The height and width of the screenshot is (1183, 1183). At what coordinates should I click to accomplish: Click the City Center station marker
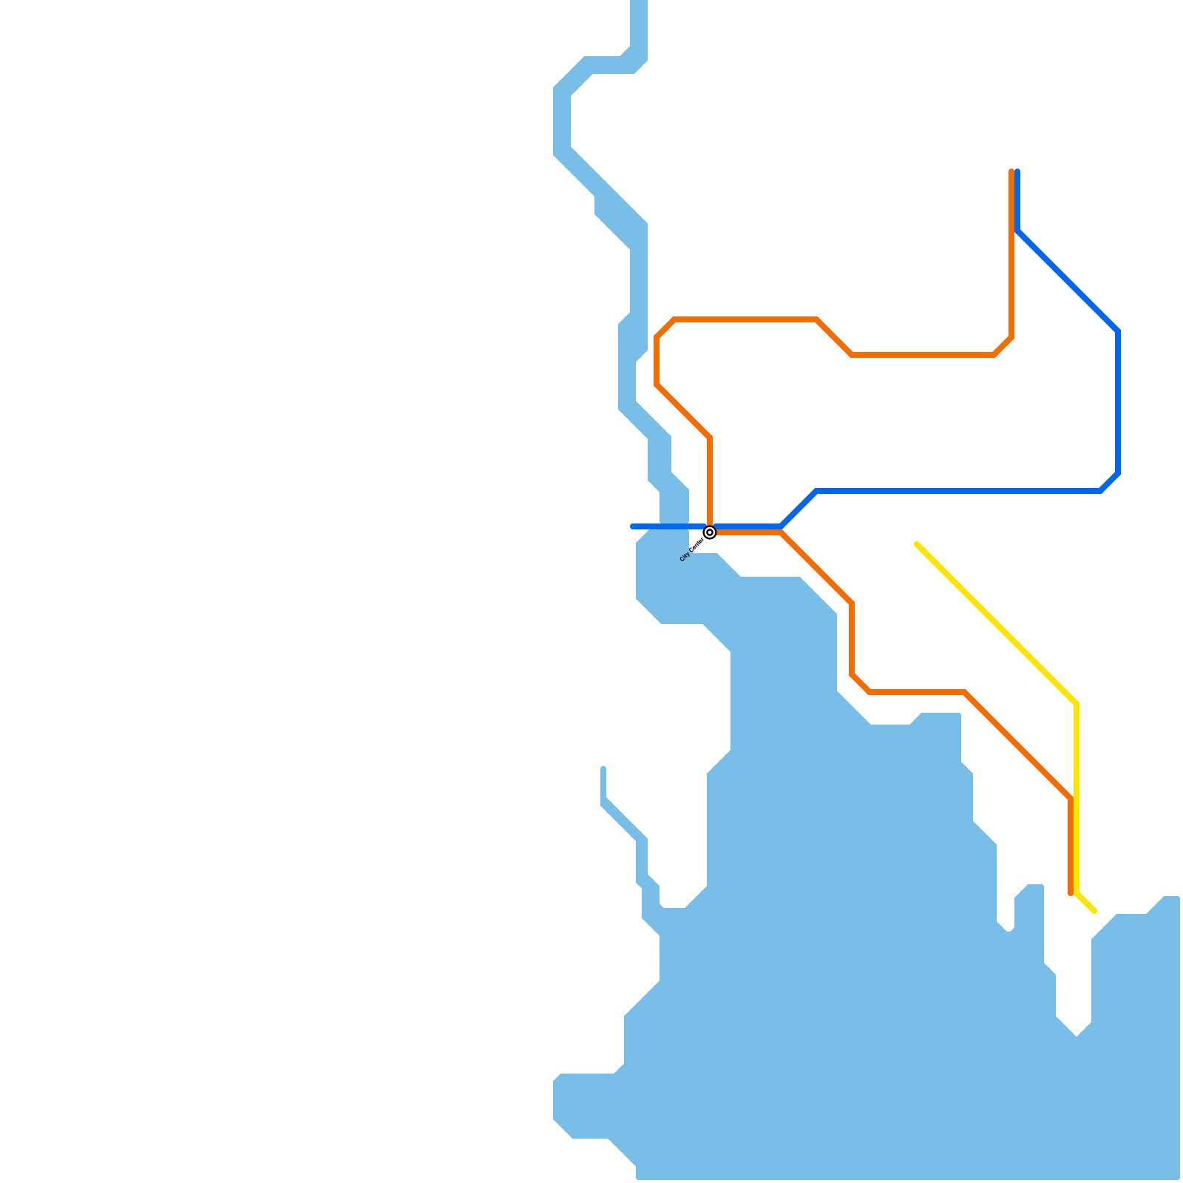click(x=710, y=532)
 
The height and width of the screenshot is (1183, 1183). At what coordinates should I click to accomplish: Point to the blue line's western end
click(x=632, y=526)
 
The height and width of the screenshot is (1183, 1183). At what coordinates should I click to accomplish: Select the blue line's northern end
click(x=1018, y=172)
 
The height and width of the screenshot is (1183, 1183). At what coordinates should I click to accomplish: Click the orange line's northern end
click(x=1011, y=172)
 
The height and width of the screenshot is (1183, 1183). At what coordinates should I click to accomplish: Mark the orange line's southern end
click(x=1071, y=894)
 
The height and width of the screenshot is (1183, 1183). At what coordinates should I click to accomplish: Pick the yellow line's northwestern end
click(x=917, y=544)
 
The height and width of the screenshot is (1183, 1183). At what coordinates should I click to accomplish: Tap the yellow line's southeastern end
click(x=1094, y=911)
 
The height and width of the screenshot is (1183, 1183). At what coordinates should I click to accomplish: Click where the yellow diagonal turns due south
click(x=1077, y=704)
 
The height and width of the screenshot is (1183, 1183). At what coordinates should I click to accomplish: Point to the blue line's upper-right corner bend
click(x=1118, y=331)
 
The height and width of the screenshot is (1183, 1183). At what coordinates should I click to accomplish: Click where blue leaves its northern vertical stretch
click(x=1018, y=231)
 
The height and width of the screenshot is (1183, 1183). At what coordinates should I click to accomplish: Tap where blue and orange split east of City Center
click(x=781, y=529)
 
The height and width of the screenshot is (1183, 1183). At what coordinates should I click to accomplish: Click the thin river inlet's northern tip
click(x=603, y=769)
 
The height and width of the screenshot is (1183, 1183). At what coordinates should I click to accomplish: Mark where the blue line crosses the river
click(x=674, y=526)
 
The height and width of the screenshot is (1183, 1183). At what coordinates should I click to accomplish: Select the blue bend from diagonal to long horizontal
click(x=816, y=491)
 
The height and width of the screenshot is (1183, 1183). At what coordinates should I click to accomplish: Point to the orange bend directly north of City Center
click(x=710, y=438)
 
